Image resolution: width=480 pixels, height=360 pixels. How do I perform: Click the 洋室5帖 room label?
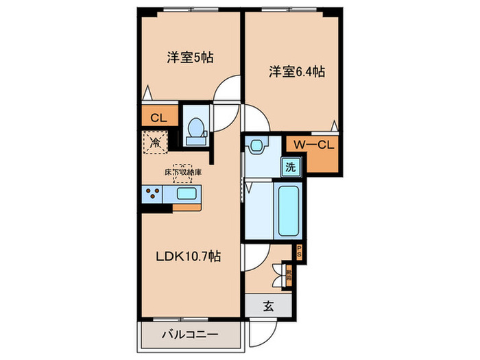pyautogui.click(x=190, y=58)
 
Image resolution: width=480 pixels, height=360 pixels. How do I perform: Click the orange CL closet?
pyautogui.click(x=158, y=118)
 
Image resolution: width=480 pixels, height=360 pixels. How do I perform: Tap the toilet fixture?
pyautogui.click(x=195, y=129)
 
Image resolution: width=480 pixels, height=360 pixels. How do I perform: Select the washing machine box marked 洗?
pyautogui.click(x=290, y=167)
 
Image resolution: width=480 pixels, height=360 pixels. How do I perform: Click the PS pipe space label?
pyautogui.click(x=300, y=252)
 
